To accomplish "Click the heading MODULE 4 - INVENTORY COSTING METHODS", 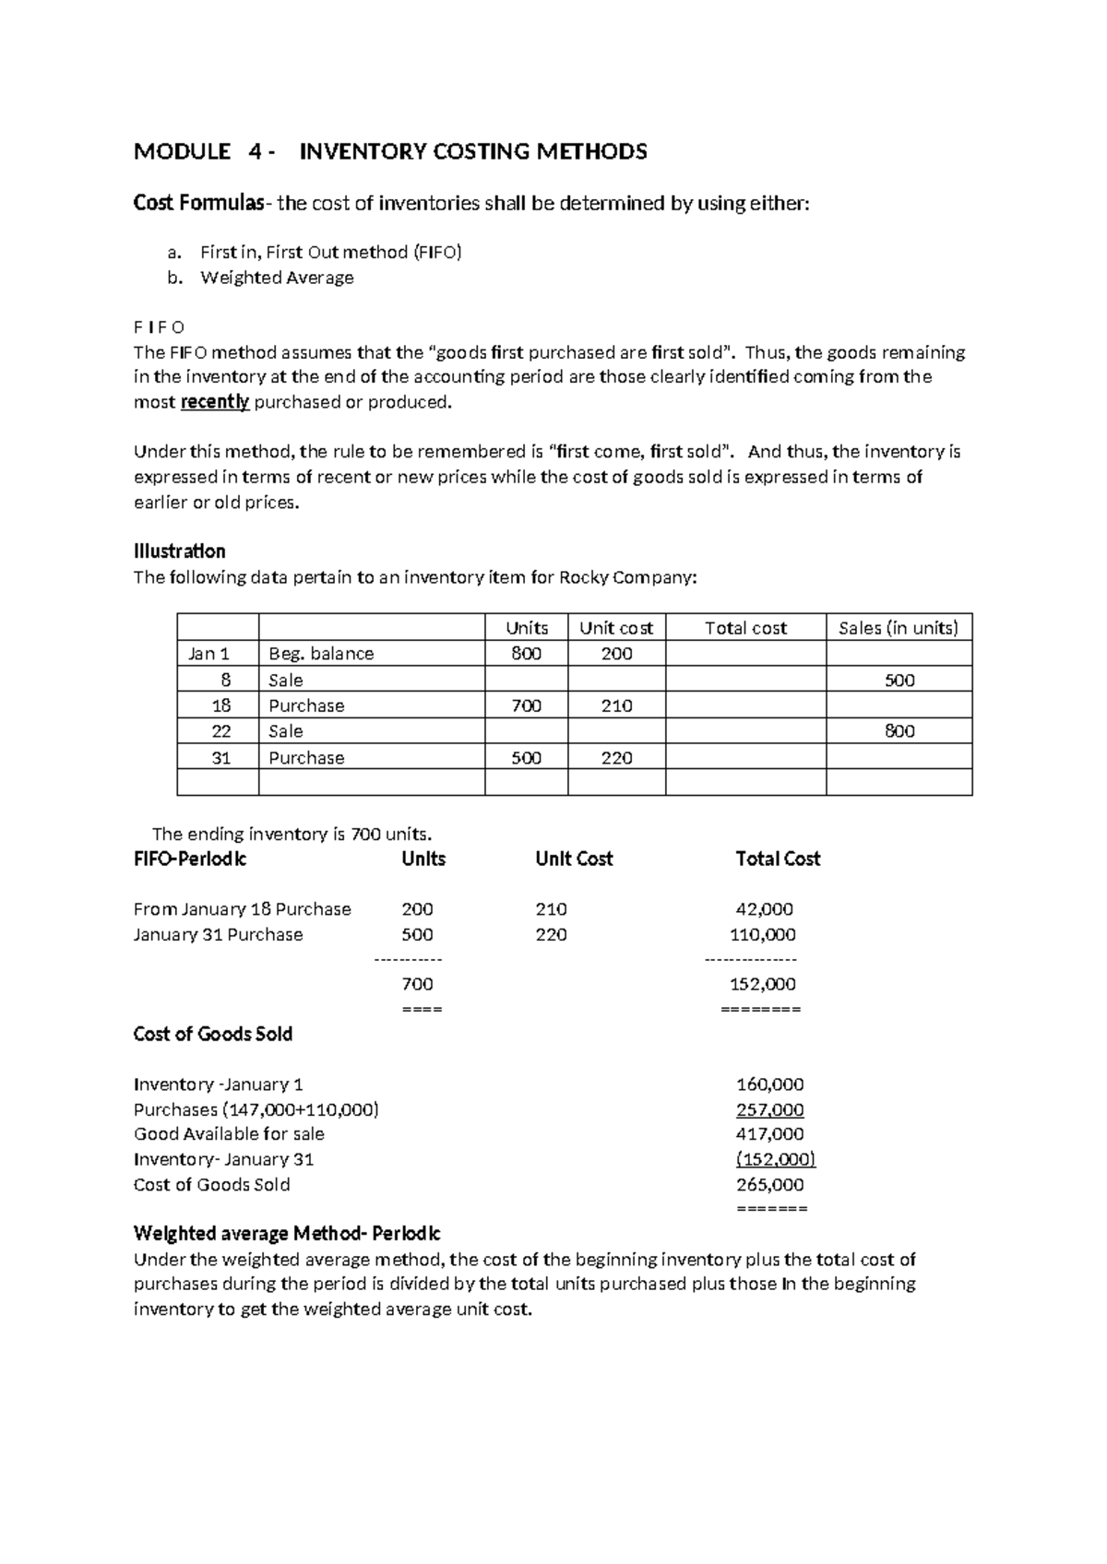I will (390, 151).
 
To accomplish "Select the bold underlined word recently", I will (215, 402).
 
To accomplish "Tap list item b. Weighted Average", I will (277, 278).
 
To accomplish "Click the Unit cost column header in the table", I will (615, 628).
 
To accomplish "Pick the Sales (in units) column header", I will (899, 628).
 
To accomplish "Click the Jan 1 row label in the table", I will (208, 654).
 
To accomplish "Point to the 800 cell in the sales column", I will (899, 731).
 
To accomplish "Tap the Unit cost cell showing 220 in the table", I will (616, 758).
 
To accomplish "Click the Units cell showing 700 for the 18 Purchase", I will (526, 706).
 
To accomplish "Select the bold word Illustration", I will (179, 551).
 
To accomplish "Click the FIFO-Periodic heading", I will (190, 859).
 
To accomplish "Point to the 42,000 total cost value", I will (763, 909).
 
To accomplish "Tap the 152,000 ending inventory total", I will (762, 984).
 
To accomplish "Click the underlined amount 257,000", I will (769, 1109).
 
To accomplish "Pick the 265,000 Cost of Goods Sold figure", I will (769, 1185).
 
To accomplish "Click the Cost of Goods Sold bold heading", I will (212, 1034).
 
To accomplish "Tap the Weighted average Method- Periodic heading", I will (287, 1234).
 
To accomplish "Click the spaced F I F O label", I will (159, 327).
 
